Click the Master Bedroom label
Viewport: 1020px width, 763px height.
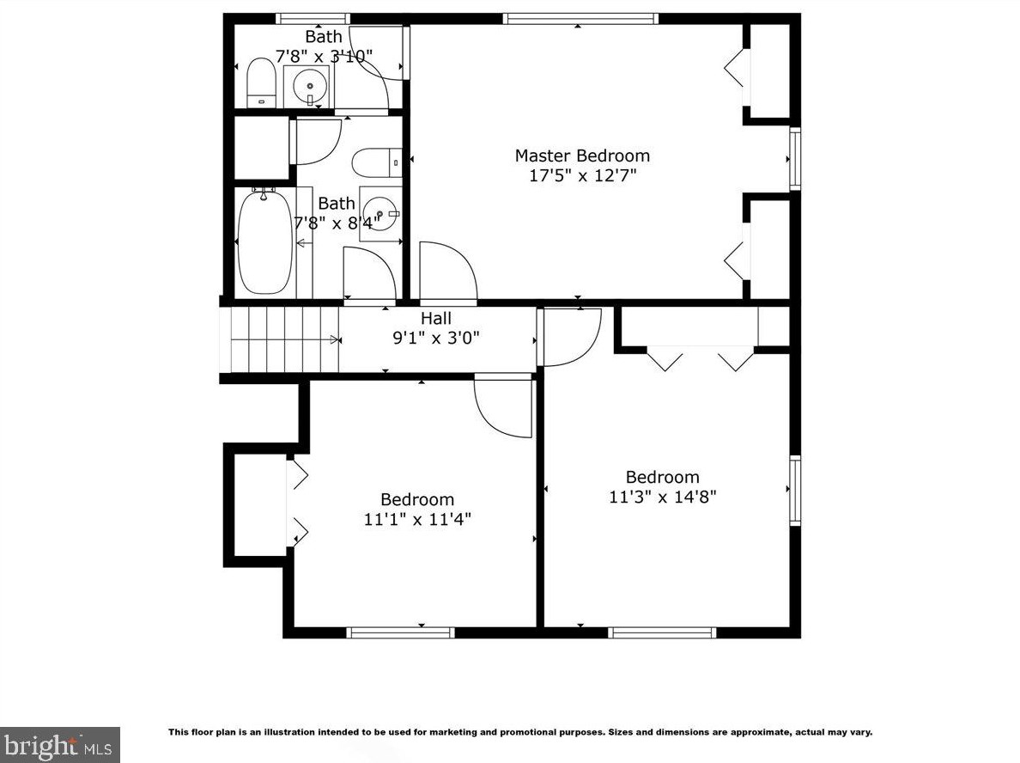(582, 156)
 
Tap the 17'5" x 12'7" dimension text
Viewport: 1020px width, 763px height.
(582, 175)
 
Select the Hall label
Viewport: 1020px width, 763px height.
(436, 319)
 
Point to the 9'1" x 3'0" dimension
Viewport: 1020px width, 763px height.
(436, 338)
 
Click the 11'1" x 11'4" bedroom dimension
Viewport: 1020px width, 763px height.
(417, 520)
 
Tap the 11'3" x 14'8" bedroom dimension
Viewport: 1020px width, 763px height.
(662, 497)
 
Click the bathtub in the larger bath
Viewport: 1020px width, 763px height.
(265, 241)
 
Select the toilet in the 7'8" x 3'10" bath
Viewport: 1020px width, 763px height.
(262, 82)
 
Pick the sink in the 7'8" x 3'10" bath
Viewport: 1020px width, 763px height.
(309, 86)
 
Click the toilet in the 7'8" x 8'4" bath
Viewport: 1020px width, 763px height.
(377, 162)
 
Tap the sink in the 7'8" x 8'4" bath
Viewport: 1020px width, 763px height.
(380, 213)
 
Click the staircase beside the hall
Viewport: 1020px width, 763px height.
(285, 339)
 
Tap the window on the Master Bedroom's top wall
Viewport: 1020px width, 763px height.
(580, 19)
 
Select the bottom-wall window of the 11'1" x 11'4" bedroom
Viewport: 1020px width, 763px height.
(400, 632)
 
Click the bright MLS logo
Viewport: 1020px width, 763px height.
(60, 745)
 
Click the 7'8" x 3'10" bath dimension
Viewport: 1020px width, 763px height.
(324, 56)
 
